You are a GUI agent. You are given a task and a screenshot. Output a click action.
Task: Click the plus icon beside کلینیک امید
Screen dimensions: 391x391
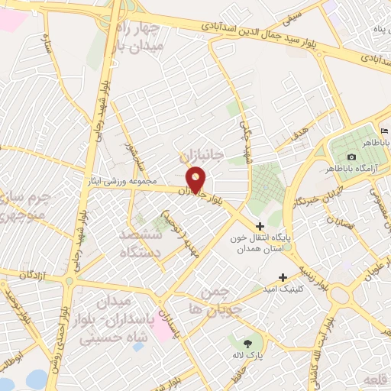(x=283, y=277)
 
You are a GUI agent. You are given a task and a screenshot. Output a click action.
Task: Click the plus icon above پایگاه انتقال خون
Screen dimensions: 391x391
(x=260, y=226)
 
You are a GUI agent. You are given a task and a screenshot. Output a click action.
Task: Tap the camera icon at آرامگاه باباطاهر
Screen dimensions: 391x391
(x=351, y=157)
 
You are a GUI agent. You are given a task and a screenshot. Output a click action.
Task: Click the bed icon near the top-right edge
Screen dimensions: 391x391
(x=383, y=132)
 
